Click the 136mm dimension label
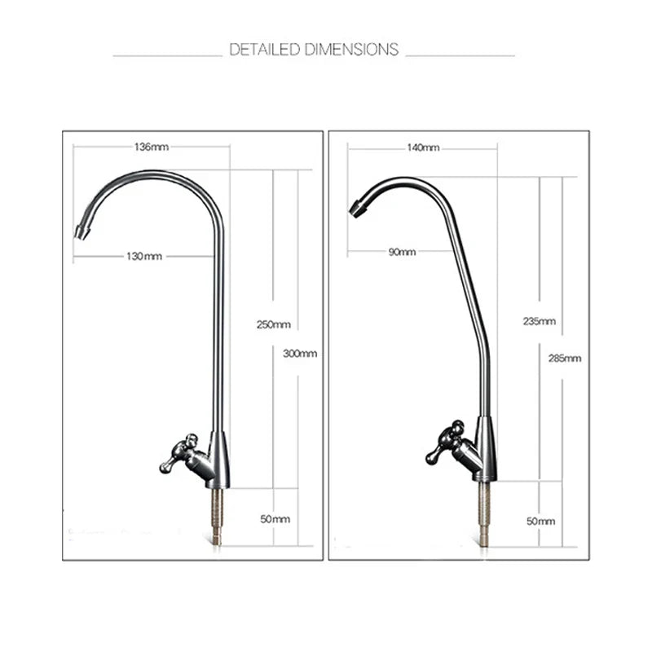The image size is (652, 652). pos(151,148)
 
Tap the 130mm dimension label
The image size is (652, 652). pos(144,256)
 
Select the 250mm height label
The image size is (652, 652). pos(274,324)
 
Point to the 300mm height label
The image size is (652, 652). pos(300,354)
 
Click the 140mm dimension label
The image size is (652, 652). pos(423,148)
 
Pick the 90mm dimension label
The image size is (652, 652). pos(402,252)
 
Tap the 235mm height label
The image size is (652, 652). pos(539,321)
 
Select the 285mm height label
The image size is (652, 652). pos(565,358)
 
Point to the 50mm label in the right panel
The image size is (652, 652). pos(540,521)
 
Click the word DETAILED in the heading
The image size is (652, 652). pos(265,50)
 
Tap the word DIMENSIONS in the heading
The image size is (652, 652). pos(351,50)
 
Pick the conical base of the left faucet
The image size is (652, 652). pos(218,458)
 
